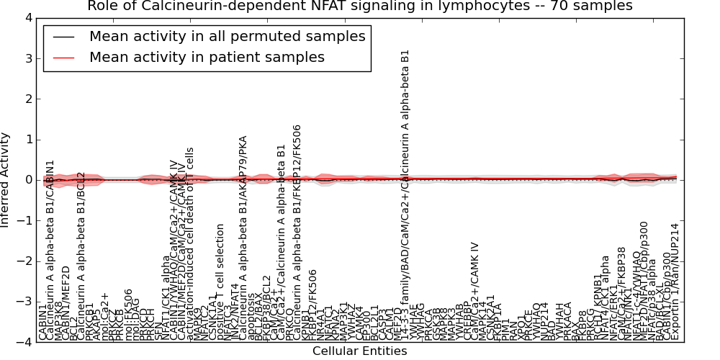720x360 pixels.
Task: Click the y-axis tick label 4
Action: coord(28,17)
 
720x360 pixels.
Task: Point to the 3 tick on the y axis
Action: coord(28,58)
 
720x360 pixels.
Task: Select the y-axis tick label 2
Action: coord(28,99)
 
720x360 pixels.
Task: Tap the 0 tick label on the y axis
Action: coord(28,180)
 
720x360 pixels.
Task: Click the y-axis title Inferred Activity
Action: coord(6,180)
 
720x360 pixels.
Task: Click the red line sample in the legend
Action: coord(62,58)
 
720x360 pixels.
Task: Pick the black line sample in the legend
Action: coord(62,37)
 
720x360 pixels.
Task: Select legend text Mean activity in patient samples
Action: coord(207,58)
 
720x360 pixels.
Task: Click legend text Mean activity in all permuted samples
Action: coord(227,37)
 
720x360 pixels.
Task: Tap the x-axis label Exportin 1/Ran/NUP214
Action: coord(675,282)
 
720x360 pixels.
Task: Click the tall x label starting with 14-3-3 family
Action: coord(405,194)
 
